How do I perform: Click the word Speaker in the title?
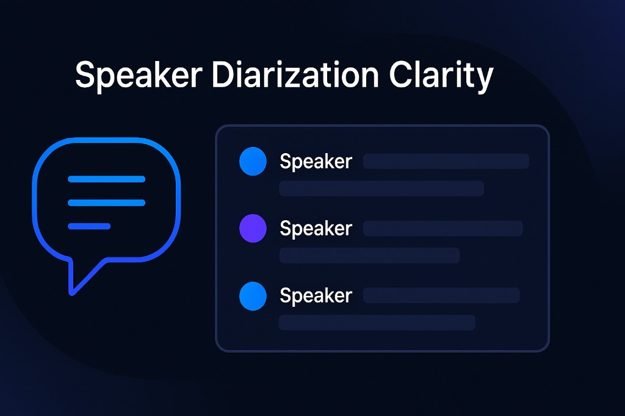click(x=139, y=76)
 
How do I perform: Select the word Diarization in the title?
click(x=295, y=74)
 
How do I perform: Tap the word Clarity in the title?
click(x=441, y=76)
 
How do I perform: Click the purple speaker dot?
click(x=253, y=228)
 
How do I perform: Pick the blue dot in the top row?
click(x=253, y=162)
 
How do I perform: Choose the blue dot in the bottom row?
click(x=253, y=296)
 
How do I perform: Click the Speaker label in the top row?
click(x=316, y=162)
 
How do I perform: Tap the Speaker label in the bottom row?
click(x=316, y=296)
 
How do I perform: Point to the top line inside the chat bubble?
click(x=106, y=179)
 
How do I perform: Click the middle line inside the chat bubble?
click(x=106, y=203)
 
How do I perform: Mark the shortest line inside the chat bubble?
click(x=89, y=226)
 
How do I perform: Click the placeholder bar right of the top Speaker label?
click(x=446, y=162)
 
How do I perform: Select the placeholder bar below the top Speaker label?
click(x=381, y=188)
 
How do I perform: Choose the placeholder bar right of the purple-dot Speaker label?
click(x=443, y=228)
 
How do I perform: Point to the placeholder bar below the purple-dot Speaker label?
click(x=369, y=256)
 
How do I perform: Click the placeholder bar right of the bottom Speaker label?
click(x=441, y=295)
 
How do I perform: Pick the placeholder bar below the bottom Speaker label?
click(x=377, y=322)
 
